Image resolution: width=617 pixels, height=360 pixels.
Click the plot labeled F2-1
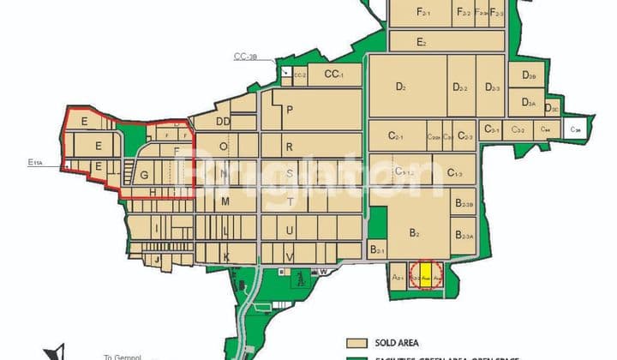click(423, 13)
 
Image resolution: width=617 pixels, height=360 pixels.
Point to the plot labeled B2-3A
click(464, 236)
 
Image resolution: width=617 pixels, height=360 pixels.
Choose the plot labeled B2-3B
click(464, 204)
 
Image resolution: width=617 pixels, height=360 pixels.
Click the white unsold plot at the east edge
click(578, 127)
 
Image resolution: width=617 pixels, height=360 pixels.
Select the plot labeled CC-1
click(334, 75)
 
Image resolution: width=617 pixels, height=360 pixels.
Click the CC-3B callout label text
click(246, 57)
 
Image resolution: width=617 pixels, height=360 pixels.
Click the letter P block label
click(291, 110)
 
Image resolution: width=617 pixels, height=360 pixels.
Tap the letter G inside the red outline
click(144, 176)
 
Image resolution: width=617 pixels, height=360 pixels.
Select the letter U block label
click(290, 231)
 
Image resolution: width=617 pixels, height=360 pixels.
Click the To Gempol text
click(120, 357)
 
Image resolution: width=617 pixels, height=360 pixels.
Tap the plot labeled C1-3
click(455, 173)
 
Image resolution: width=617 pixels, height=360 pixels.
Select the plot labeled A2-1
click(398, 278)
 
